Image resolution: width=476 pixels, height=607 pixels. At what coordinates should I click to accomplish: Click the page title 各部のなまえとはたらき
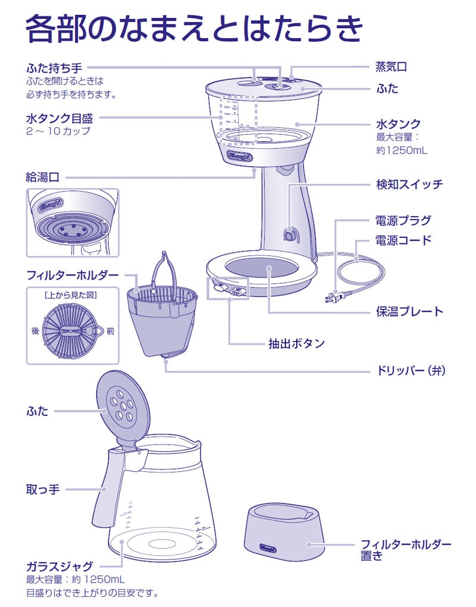coord(194,29)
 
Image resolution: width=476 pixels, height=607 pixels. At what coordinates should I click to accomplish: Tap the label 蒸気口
coord(391,67)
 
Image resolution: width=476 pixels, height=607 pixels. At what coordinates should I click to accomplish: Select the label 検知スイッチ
coord(409,184)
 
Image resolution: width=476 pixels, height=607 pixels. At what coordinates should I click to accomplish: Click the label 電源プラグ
coord(403,220)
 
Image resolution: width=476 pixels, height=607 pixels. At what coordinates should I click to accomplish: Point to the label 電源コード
coord(403,240)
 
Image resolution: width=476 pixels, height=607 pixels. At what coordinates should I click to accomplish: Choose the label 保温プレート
coord(409,311)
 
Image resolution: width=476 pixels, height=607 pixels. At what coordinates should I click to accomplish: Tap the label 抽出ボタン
coord(296,343)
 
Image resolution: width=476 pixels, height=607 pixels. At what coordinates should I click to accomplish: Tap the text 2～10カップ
coord(58,131)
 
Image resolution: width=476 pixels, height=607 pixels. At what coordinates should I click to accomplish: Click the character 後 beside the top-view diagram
coord(35,331)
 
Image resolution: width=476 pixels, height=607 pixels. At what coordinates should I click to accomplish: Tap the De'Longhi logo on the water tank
coord(240,157)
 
